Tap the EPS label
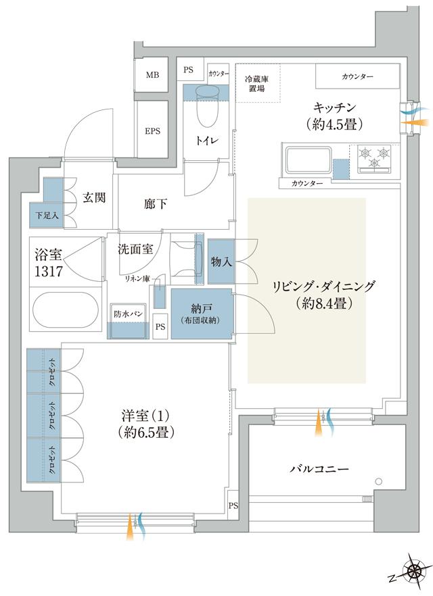(x=152, y=131)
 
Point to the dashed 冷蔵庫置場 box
(x=258, y=84)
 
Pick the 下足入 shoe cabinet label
(x=47, y=217)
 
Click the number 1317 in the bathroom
(x=49, y=271)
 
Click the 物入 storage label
(x=221, y=262)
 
